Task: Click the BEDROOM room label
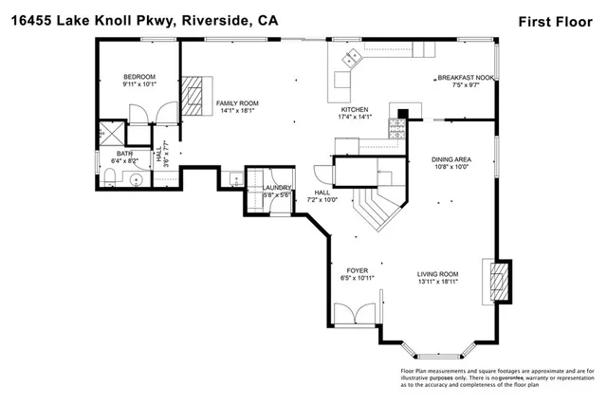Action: tap(138, 77)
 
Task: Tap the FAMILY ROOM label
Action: tap(236, 102)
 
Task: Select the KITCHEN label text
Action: tap(354, 110)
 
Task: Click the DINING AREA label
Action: tap(451, 160)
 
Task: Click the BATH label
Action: tap(124, 153)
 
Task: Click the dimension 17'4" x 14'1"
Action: tap(354, 119)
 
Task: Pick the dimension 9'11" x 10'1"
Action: tap(138, 84)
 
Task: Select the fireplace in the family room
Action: tap(193, 95)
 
